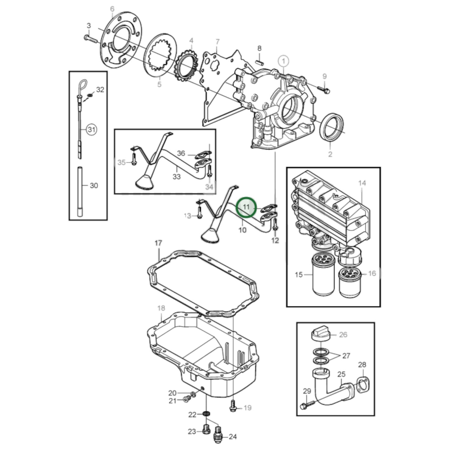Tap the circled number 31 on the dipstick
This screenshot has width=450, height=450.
pyautogui.click(x=91, y=129)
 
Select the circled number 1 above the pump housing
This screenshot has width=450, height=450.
pyautogui.click(x=283, y=61)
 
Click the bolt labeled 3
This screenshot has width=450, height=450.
pyautogui.click(x=90, y=39)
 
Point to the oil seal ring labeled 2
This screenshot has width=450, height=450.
pyautogui.click(x=332, y=127)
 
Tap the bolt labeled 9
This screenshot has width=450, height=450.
pyautogui.click(x=324, y=89)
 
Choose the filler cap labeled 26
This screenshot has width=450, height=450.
pyautogui.click(x=320, y=334)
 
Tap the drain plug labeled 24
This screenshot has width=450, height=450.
pyautogui.click(x=219, y=437)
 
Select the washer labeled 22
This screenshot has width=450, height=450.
pyautogui.click(x=206, y=414)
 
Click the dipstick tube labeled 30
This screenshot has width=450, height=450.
pyautogui.click(x=80, y=192)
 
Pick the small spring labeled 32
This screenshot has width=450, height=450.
pyautogui.click(x=90, y=94)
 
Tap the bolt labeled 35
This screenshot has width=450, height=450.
pyautogui.click(x=134, y=160)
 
